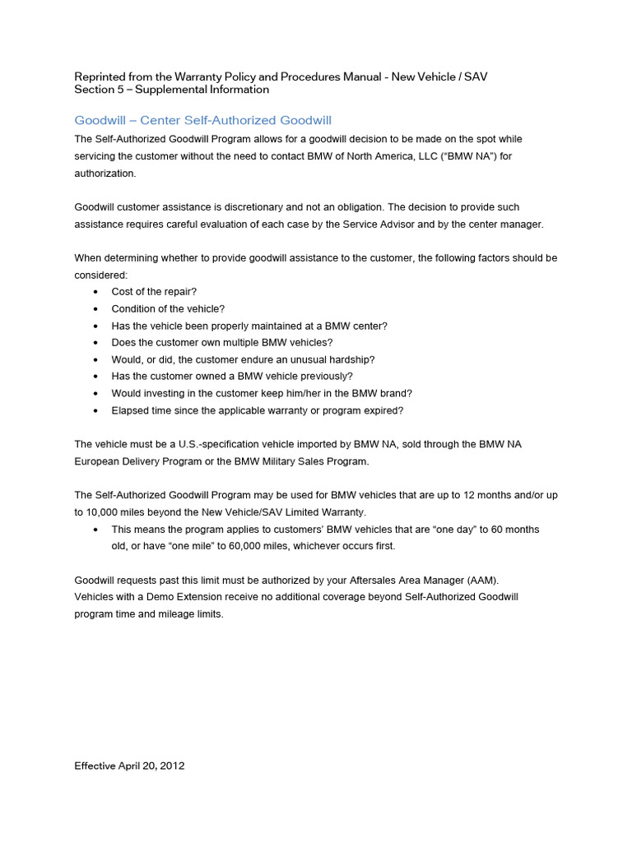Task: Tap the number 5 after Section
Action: point(120,89)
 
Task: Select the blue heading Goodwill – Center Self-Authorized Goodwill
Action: point(202,120)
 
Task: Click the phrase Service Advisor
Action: point(368,224)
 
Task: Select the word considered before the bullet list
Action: point(100,275)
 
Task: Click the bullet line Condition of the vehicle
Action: point(168,308)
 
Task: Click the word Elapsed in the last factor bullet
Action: point(129,410)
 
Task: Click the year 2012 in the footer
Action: point(171,766)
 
